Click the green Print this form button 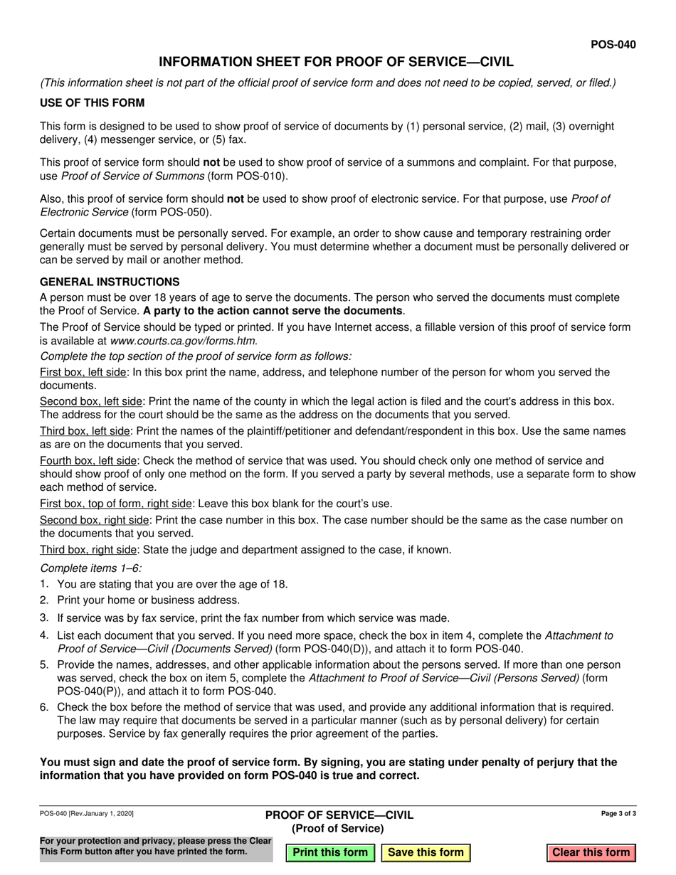click(330, 852)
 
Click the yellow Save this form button click(426, 852)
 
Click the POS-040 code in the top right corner click(613, 44)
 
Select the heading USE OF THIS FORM click(93, 102)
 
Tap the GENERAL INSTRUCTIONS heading click(110, 282)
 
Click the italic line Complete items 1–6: click(91, 568)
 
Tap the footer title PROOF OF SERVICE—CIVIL click(339, 815)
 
